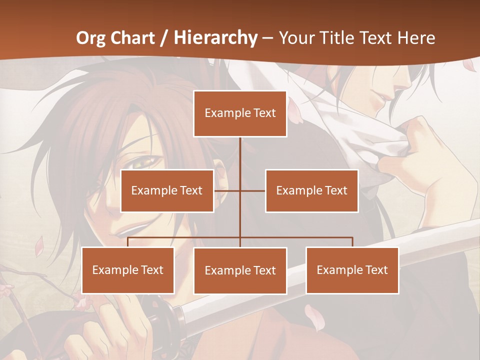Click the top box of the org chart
click(240, 113)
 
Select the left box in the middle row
click(167, 190)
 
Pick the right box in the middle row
click(311, 190)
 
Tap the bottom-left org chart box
click(128, 270)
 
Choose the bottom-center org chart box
click(240, 270)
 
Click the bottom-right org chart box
click(352, 270)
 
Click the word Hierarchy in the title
click(215, 38)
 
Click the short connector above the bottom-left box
click(128, 242)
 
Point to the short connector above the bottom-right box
click(352, 242)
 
